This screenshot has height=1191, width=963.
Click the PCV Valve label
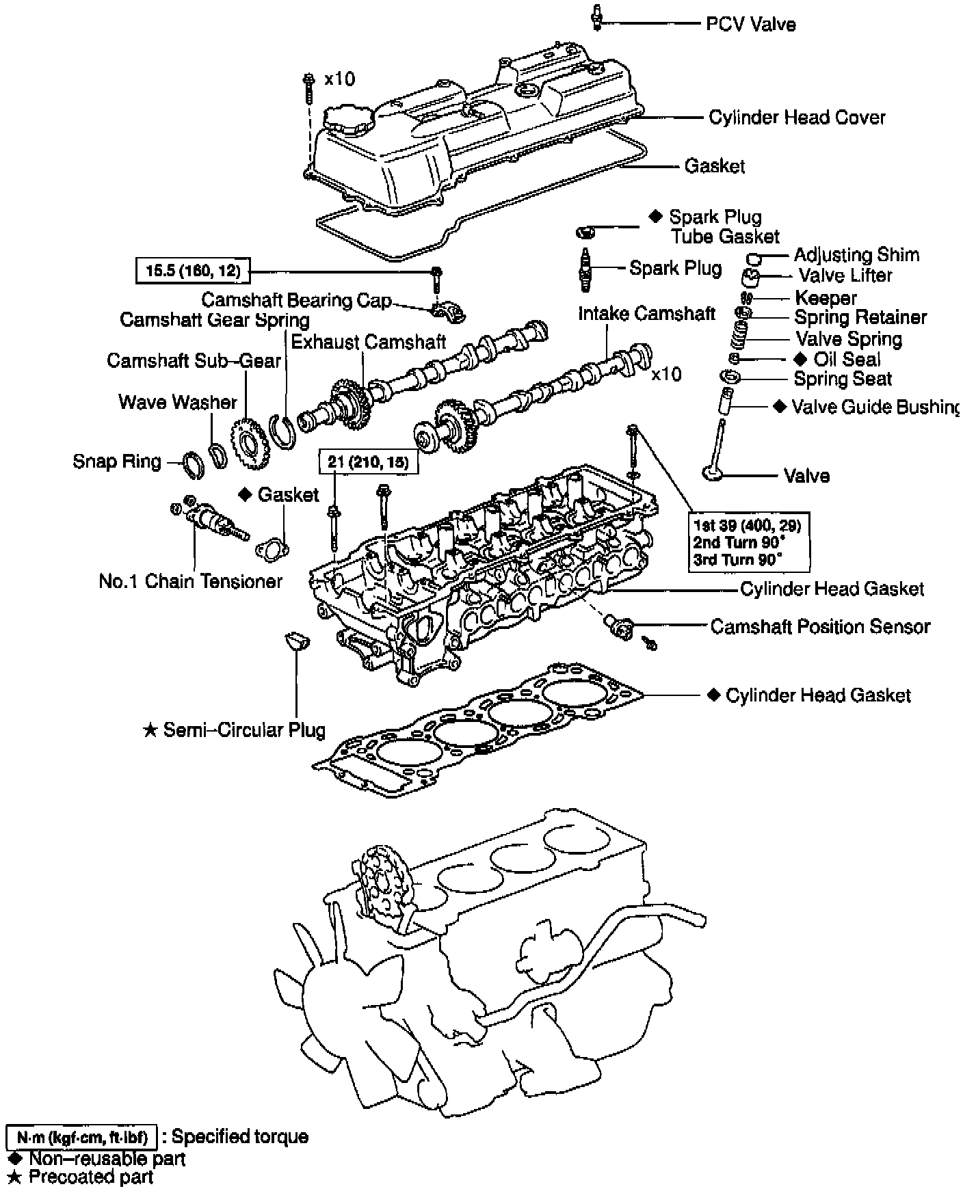750,25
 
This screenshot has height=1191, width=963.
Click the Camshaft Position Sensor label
820,626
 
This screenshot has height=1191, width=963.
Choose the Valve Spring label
848,339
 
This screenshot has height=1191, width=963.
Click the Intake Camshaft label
646,314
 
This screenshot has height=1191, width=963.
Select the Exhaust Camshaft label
369,342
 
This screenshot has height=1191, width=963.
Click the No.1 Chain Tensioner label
190,581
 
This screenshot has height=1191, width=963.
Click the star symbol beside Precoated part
14,1177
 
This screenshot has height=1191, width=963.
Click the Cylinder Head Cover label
797,118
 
